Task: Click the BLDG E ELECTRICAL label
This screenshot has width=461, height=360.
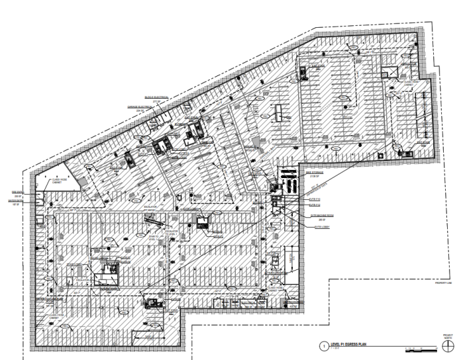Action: click(x=156, y=97)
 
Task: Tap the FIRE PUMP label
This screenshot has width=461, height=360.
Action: click(x=18, y=193)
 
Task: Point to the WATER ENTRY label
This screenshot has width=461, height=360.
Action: click(x=17, y=202)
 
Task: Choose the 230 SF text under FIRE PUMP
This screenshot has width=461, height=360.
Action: click(x=19, y=197)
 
